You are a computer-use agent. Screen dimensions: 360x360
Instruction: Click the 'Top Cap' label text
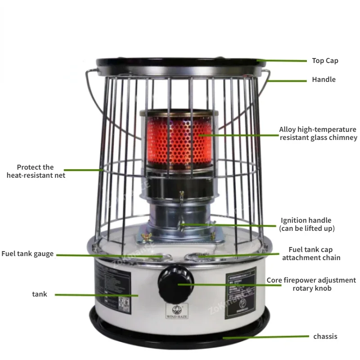[325, 61]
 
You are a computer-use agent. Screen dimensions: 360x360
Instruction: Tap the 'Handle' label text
[324, 80]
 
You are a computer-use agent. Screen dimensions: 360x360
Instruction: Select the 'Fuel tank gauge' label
[27, 254]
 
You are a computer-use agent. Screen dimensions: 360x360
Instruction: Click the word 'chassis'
[325, 336]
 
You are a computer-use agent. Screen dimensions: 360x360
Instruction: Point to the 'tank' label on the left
[40, 294]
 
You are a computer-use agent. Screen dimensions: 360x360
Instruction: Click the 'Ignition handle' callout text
[306, 225]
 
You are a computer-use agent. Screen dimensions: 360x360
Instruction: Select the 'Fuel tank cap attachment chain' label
[311, 254]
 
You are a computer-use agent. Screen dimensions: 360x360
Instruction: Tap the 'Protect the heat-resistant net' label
[36, 171]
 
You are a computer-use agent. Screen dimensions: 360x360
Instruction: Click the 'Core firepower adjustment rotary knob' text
[311, 284]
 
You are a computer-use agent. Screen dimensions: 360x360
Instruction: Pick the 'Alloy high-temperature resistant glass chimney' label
[318, 134]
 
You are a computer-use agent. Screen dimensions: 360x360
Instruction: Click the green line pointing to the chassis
[265, 337]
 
